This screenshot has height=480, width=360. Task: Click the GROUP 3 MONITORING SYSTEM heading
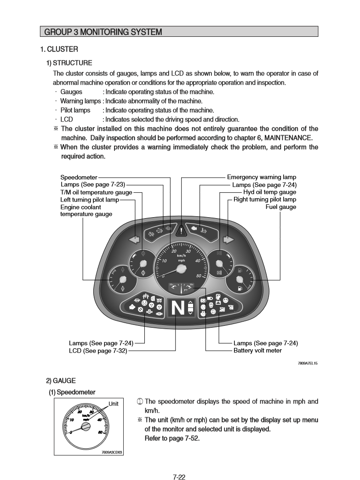[x=103, y=32]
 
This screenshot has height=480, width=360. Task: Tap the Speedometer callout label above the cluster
[x=79, y=177]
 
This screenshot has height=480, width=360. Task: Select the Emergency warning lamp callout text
[x=262, y=177]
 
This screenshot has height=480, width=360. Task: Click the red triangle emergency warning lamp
[x=183, y=230]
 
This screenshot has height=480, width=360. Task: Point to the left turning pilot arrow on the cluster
[x=134, y=239]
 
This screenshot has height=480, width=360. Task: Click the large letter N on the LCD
[x=177, y=309]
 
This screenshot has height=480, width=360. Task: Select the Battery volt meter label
[x=257, y=351]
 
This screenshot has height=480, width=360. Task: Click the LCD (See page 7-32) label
[x=98, y=351]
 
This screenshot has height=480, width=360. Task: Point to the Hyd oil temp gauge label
[x=269, y=192]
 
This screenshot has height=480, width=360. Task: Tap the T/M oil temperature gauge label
[x=96, y=192]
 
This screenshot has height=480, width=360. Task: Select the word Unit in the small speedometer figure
[x=114, y=404]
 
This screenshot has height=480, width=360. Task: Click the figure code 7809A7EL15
[x=308, y=364]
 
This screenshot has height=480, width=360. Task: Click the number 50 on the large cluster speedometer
[x=199, y=277]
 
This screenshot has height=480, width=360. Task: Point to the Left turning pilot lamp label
[x=90, y=199]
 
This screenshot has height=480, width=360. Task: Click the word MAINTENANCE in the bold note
[x=286, y=138]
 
